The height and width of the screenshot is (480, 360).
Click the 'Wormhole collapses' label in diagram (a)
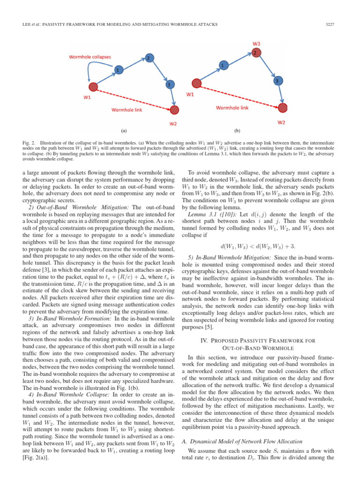pyautogui.click(x=90, y=57)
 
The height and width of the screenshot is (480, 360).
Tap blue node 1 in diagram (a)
pyautogui.click(x=118, y=70)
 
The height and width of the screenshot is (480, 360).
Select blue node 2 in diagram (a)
pyautogui.click(x=148, y=58)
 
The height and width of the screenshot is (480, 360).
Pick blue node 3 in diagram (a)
pyautogui.click(x=168, y=84)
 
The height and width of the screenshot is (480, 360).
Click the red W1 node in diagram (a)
pyautogui.click(x=93, y=87)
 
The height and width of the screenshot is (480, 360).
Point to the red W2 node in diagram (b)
pyautogui.click(x=283, y=108)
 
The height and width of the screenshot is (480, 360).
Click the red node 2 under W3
pyautogui.click(x=255, y=52)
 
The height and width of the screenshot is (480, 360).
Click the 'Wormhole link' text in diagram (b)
pyautogui.click(x=232, y=108)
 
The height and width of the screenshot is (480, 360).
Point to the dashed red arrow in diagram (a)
pyautogui.click(x=134, y=98)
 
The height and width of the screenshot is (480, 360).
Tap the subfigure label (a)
pyautogui.click(x=124, y=131)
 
